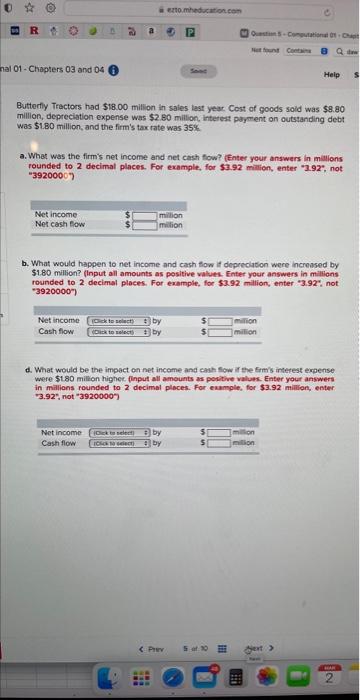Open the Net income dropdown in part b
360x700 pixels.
120,319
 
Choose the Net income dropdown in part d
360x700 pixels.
120,432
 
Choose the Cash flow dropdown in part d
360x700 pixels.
120,443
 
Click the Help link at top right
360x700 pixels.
332,75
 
